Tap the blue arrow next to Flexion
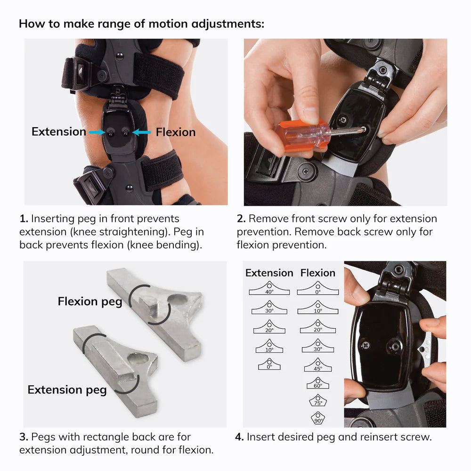141,132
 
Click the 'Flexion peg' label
90,301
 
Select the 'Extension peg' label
67,390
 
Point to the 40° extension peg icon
269,288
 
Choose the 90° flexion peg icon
318,418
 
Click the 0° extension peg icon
269,364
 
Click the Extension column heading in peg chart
269,273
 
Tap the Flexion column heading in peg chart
318,273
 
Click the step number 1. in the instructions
24,219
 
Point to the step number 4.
239,437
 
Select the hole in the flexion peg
177,299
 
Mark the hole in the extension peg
138,359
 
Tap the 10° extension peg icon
269,346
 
